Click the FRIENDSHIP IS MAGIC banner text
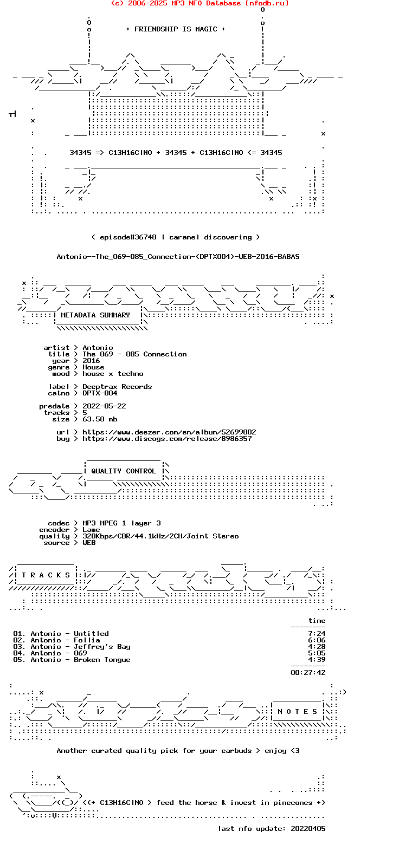[176, 29]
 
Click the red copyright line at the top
[200, 3]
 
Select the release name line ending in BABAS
[178, 257]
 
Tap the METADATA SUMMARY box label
[95, 315]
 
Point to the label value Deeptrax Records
[117, 387]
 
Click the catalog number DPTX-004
[100, 393]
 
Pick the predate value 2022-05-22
[104, 406]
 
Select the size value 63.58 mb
[100, 419]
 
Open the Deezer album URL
[169, 432]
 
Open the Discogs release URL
[167, 439]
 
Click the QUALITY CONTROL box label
[124, 471]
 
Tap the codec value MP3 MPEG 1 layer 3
[121, 523]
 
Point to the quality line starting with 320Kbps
[160, 536]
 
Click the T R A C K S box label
[46, 575]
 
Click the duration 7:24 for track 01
[317, 634]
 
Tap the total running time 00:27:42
[308, 673]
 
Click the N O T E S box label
[298, 712]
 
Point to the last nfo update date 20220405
[308, 829]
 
